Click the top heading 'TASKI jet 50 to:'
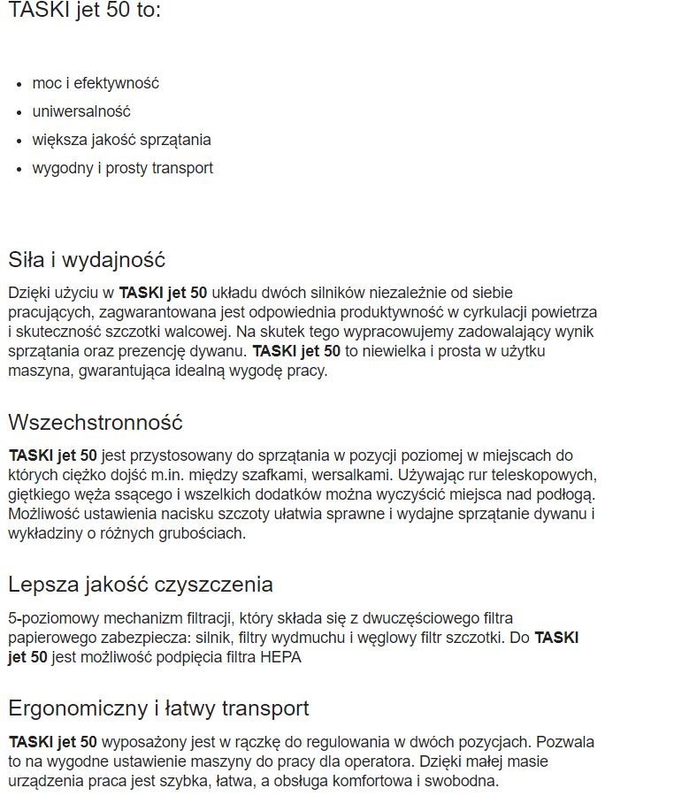coord(85,12)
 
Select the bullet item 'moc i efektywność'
coord(96,83)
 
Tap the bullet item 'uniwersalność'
coord(81,111)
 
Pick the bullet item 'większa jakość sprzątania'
coord(121,140)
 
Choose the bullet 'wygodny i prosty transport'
coord(122,168)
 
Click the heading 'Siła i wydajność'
coord(87,260)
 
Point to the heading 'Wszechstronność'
coord(96,423)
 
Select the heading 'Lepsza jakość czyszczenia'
coord(141,585)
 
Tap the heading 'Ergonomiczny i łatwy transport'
coord(158,708)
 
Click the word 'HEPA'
coord(281,657)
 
